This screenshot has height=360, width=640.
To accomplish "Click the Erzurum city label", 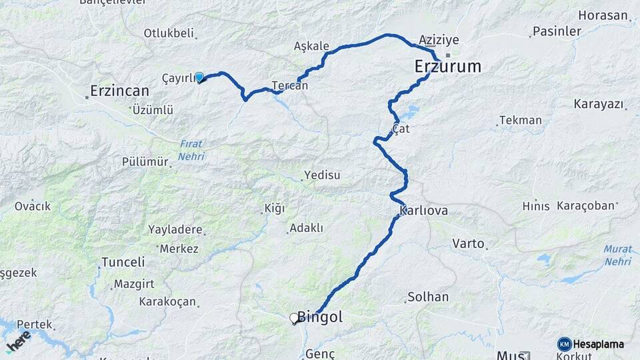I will tap(447, 67).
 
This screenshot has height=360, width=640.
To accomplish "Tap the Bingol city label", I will tap(320, 317).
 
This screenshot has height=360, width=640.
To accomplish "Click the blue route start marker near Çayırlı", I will tap(199, 77).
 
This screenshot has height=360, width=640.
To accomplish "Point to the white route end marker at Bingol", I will tap(294, 319).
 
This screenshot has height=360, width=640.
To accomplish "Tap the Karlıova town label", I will tap(423, 211).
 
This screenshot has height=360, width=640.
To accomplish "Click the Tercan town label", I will tap(290, 85).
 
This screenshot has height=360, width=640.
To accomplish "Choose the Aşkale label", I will tap(311, 46).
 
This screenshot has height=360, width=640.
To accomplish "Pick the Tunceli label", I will tap(123, 262).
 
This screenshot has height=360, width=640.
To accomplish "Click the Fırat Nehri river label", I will tap(191, 150).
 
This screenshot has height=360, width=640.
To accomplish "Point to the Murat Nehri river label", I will tap(617, 255).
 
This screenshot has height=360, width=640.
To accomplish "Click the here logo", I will tap(18, 341).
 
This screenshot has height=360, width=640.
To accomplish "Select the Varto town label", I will tap(468, 243).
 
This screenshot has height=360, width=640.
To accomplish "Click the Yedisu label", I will tap(322, 175).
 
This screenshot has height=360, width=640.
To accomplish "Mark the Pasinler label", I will tap(557, 31).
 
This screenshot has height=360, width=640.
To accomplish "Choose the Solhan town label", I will tap(428, 297).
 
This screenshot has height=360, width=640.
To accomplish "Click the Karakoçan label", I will tap(167, 301).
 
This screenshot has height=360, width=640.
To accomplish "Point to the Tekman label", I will tap(521, 120).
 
